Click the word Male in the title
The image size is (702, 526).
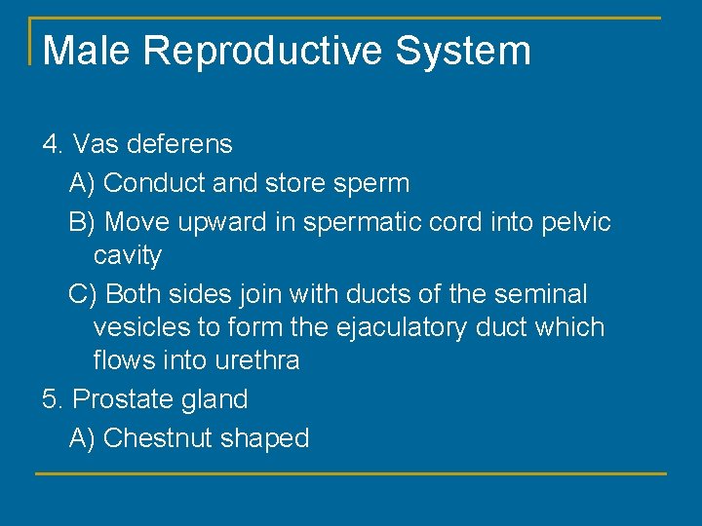(x=87, y=51)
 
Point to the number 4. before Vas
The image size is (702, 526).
(x=54, y=144)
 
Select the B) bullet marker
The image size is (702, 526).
(x=82, y=222)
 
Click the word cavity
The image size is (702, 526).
(x=127, y=256)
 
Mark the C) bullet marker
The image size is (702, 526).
(x=83, y=294)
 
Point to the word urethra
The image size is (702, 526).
(x=251, y=360)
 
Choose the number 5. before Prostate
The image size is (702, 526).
(x=54, y=399)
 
